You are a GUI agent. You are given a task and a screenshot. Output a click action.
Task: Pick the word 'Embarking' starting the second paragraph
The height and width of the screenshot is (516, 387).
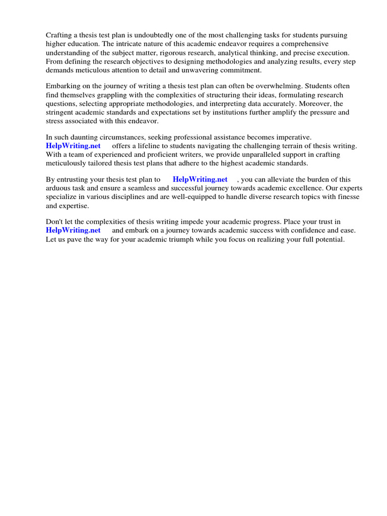63,87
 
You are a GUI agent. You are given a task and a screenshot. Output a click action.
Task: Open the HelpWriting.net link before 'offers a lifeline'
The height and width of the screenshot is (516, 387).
73,146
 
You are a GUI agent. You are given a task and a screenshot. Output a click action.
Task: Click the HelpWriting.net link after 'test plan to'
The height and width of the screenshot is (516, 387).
200,179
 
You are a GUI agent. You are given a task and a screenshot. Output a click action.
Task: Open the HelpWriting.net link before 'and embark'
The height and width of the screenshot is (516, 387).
73,230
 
